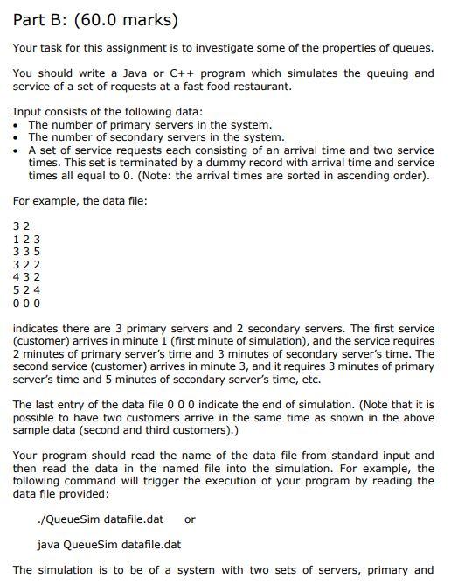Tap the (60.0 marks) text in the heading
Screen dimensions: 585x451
click(131, 19)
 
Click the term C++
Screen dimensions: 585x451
click(205, 73)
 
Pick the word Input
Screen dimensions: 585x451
click(28, 112)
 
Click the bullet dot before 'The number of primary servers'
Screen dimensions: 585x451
click(17, 125)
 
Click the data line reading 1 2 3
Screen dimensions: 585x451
click(26, 239)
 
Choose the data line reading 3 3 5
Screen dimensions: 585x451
click(26, 252)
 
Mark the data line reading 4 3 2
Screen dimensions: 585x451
click(26, 277)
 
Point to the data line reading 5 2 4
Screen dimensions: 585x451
click(26, 289)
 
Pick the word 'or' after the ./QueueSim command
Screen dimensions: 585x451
click(190, 519)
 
